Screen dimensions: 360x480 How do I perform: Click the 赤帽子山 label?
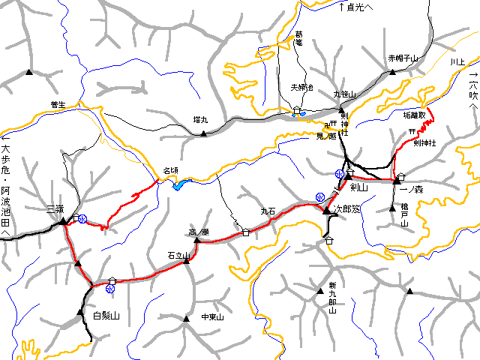pos(403,58)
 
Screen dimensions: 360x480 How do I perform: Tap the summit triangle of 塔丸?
pos(203,133)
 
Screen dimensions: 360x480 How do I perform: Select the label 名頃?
pos(170,172)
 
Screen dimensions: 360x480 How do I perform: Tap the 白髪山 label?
pos(106,316)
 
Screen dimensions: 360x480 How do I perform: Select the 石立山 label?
pos(180,256)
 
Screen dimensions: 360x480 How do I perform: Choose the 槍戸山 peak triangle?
pos(391,208)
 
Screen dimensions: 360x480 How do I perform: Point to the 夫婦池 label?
pos(302,88)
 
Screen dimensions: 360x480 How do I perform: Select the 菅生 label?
pos(58,104)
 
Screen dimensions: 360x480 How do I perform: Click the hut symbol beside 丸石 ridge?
pos(246,232)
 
